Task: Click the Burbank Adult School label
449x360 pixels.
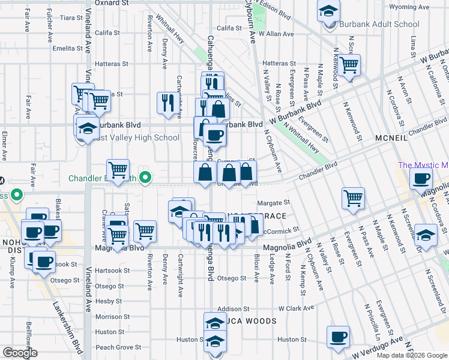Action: click(x=379, y=25)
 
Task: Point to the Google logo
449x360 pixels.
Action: click(x=19, y=353)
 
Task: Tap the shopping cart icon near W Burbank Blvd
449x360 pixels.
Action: click(x=348, y=64)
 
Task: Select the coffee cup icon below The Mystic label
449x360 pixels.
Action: click(x=421, y=178)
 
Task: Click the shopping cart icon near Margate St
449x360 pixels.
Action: click(x=354, y=197)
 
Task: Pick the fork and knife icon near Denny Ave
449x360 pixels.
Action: click(x=166, y=101)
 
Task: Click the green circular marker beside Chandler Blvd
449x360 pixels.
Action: click(x=145, y=178)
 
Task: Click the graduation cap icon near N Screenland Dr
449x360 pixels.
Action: click(x=426, y=235)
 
